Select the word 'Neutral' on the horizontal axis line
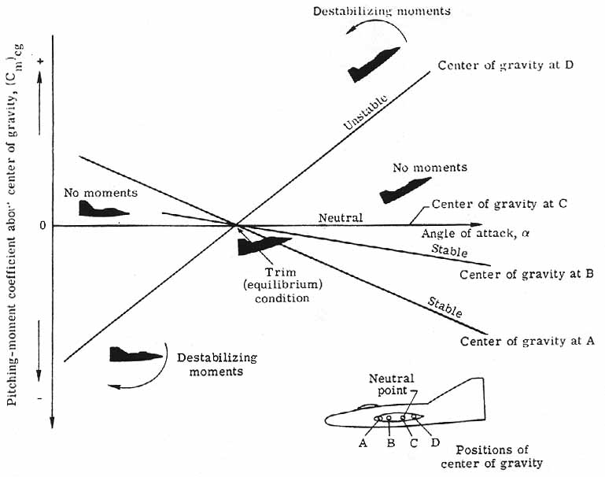click(x=340, y=217)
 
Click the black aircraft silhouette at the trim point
click(x=264, y=246)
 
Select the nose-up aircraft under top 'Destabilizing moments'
click(x=374, y=65)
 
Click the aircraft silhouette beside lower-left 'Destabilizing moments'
click(x=135, y=354)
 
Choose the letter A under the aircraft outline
click(x=363, y=442)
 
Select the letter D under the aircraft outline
click(x=435, y=442)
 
